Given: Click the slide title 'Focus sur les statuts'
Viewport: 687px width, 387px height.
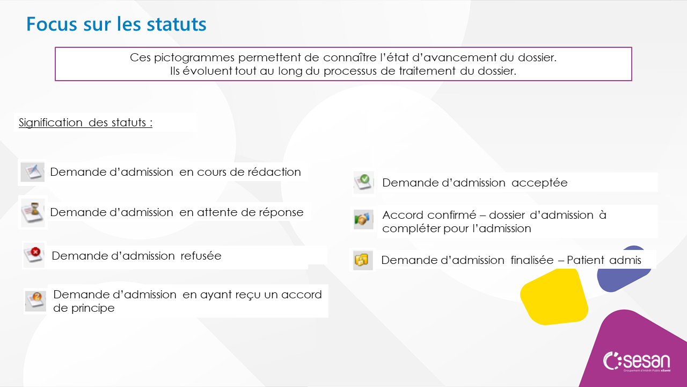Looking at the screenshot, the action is point(116,24).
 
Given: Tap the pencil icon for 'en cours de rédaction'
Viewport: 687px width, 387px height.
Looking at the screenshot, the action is point(33,172).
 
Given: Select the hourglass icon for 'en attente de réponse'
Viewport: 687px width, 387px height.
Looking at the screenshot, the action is point(33,212).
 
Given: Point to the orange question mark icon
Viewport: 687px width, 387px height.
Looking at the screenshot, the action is point(35,301).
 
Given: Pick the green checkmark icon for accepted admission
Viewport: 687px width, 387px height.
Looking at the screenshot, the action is point(363,182).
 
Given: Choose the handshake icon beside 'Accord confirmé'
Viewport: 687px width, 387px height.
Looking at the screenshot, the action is point(363,219).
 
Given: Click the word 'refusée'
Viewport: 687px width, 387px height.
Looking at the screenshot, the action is point(201,256).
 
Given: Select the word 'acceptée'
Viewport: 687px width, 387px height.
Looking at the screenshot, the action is point(539,183).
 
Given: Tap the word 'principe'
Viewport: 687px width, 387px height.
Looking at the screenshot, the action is point(93,309).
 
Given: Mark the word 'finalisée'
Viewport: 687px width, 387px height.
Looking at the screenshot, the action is point(532,260).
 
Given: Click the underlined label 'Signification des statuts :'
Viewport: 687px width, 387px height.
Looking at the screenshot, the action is point(85,123).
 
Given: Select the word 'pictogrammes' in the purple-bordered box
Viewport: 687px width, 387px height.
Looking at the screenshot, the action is point(194,58).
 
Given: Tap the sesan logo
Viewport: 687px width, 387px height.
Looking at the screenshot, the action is point(637,362).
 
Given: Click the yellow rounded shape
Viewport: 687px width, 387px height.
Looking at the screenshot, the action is point(554,296).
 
